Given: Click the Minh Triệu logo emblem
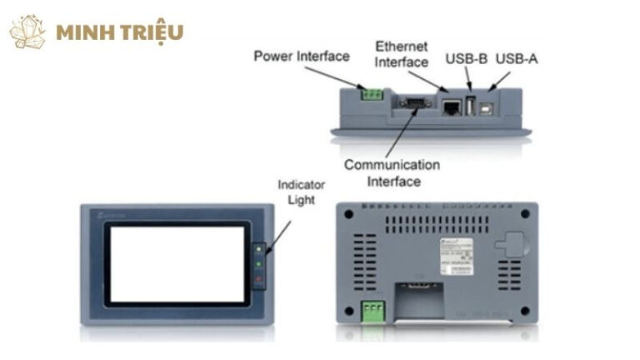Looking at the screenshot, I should (27, 32).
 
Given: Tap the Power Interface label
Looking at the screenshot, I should (302, 57).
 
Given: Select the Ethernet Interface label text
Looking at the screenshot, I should (401, 53).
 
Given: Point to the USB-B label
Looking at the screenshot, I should (465, 59).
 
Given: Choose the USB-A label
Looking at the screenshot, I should (517, 59).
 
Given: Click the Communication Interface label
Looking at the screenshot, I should (392, 172).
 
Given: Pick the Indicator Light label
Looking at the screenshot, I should (301, 192).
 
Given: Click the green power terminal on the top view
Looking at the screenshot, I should (372, 93).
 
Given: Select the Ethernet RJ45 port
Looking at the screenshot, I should (451, 106).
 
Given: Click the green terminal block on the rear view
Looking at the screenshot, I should (372, 311).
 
